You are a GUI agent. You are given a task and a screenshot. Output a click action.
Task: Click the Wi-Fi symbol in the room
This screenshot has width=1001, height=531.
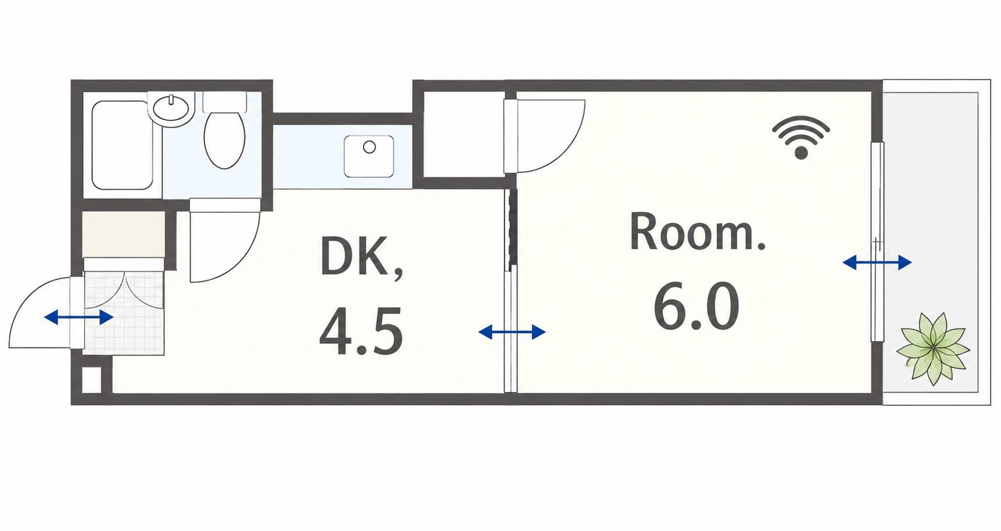(801, 138)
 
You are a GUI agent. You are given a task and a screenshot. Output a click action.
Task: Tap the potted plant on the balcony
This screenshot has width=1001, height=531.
(933, 349)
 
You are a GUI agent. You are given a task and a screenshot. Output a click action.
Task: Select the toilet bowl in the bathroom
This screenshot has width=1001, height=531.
(224, 140)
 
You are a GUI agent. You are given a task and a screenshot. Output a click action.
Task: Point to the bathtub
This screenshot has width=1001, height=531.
(122, 145)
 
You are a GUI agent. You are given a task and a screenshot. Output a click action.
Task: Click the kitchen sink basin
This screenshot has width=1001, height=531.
(369, 156)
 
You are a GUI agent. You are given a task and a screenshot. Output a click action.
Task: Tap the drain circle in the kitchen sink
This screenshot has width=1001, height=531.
(369, 147)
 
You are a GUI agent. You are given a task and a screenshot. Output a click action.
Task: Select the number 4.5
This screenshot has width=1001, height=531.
(361, 332)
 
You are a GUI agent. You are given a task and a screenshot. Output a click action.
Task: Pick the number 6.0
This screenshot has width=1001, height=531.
(696, 307)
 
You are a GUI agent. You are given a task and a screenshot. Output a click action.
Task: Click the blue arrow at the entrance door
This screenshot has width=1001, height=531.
(78, 318)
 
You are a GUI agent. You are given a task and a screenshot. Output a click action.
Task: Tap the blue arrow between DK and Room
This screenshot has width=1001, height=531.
(512, 333)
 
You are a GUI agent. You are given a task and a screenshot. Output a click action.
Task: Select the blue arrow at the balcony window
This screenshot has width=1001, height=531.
(877, 263)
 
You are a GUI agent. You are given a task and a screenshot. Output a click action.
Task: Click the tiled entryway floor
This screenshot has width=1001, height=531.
(124, 313)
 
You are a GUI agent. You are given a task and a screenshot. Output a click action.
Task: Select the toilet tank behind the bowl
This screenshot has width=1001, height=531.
(224, 102)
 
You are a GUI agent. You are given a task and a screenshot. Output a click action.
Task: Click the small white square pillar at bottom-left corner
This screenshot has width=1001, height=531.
(91, 380)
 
